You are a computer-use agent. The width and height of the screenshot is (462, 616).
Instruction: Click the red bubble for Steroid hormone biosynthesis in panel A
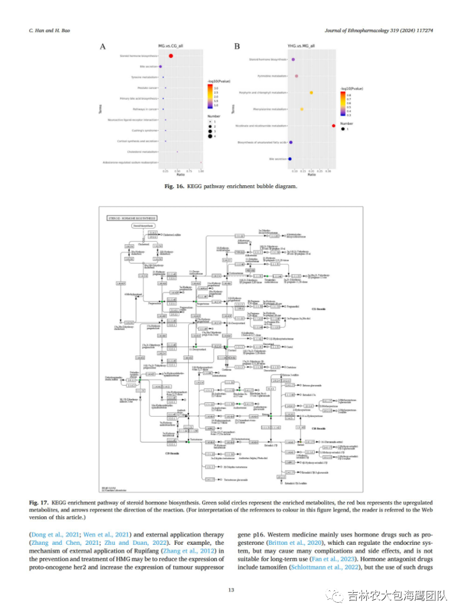point(171,56)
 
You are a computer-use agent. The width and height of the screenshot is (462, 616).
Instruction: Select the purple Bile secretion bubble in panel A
point(161,67)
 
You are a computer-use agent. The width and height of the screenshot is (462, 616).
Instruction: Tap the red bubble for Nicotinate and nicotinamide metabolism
point(333,126)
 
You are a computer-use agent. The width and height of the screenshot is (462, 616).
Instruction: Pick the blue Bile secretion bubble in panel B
point(290,159)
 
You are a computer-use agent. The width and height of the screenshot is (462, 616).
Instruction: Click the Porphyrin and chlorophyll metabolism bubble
point(311,92)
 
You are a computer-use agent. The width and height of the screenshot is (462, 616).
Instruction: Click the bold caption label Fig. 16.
point(175,186)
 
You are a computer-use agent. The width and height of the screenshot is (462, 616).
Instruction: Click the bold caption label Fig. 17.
point(38,502)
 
